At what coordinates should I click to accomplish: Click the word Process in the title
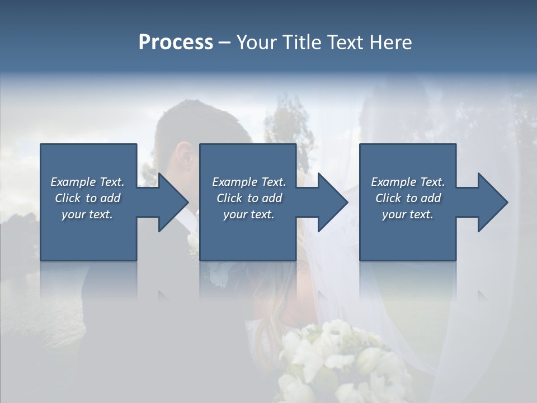176,43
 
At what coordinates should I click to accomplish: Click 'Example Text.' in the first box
87,182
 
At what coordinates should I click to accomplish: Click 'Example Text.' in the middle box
248,182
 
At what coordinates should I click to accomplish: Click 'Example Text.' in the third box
408,182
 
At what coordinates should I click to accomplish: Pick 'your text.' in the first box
87,214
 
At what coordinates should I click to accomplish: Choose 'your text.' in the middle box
248,214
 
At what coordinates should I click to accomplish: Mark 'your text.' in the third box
408,214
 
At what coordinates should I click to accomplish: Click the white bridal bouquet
336,358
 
